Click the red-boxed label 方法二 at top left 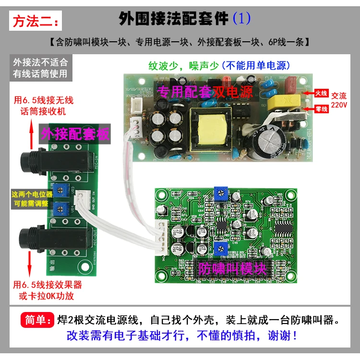pos(36,22)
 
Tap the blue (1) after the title pos(241,19)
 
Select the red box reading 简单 pos(35,320)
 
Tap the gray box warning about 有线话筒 pos(40,68)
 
